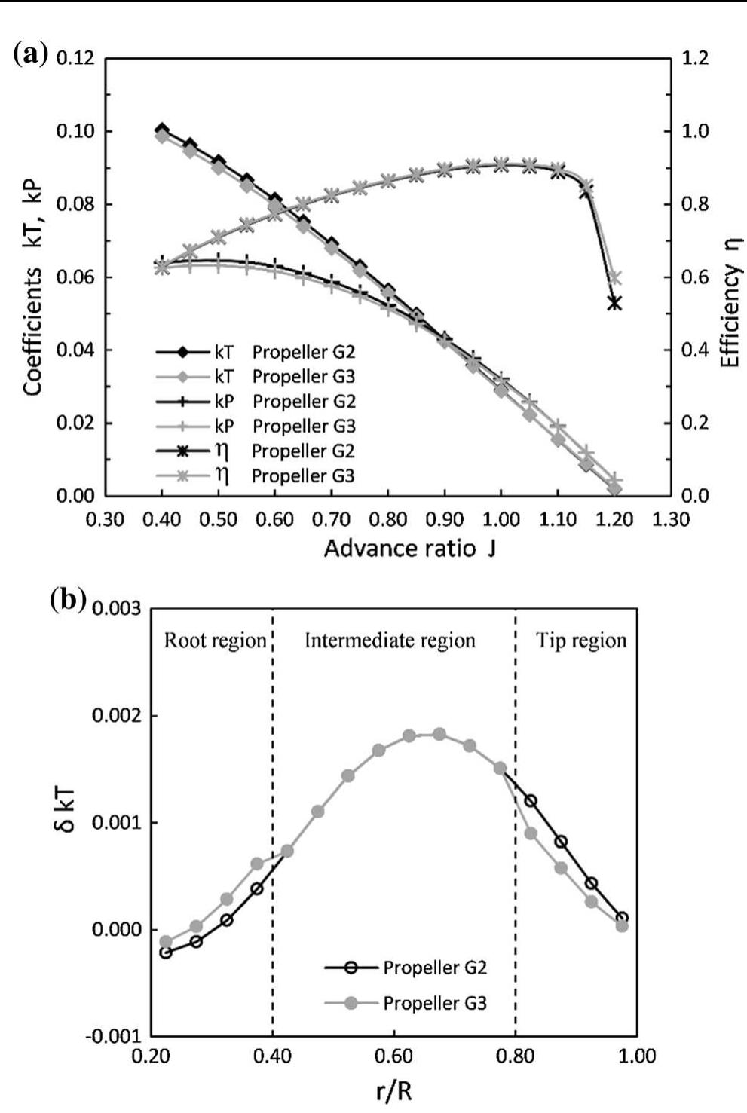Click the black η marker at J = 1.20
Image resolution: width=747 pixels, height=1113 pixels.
click(x=614, y=303)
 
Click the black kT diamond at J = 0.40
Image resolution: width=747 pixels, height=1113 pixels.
click(x=161, y=130)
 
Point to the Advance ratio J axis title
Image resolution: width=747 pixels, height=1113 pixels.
click(x=409, y=548)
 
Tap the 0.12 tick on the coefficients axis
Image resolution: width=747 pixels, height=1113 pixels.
click(x=77, y=59)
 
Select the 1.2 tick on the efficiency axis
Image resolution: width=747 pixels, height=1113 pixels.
click(x=694, y=59)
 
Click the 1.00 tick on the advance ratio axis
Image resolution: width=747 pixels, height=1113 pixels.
click(x=501, y=520)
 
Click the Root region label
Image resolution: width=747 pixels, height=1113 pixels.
click(x=216, y=641)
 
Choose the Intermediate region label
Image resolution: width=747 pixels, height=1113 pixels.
click(x=390, y=641)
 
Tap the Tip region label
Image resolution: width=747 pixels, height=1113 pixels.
click(x=581, y=641)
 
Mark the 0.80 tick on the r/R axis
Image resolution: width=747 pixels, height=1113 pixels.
click(x=516, y=1056)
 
